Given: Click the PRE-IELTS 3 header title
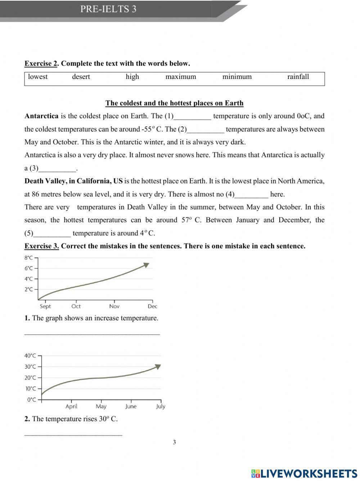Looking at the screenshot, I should click(x=108, y=9).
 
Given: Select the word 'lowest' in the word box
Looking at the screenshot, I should click(x=38, y=77).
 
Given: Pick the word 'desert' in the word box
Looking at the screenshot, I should click(x=81, y=77).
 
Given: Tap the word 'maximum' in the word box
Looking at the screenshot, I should click(x=181, y=77).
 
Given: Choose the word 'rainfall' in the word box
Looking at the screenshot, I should click(x=298, y=77).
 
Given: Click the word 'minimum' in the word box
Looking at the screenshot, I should click(x=237, y=77).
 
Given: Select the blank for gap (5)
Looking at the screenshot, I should click(x=52, y=234).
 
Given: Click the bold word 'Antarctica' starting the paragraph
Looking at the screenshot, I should click(x=41, y=116).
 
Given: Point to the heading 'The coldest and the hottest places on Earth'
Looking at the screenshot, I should click(x=174, y=103).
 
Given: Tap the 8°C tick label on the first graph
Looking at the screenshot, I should click(x=28, y=258).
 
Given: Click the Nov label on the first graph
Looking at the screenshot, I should click(x=114, y=306).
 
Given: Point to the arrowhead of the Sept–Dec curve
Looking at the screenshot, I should click(x=146, y=265).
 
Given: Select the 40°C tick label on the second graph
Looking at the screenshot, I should click(x=30, y=356).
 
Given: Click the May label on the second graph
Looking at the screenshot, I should click(x=101, y=406).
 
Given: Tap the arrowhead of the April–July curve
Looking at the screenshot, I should click(x=157, y=366).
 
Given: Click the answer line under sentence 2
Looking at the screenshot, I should click(x=73, y=435).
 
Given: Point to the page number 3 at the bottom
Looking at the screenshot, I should click(x=175, y=442).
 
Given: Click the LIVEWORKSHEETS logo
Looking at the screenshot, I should click(x=304, y=473).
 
